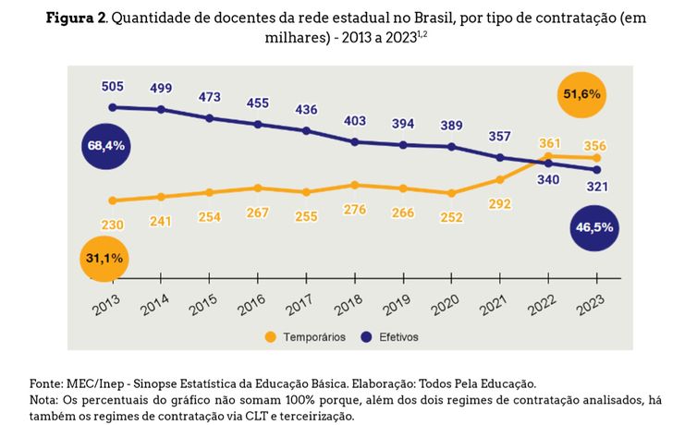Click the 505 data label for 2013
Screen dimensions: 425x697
[x=112, y=87]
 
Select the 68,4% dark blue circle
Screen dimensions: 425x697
[x=107, y=146]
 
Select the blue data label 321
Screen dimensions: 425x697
[x=596, y=188]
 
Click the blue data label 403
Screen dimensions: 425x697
[x=355, y=121]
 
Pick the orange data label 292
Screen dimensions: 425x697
[x=500, y=204]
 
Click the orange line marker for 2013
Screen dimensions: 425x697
[x=112, y=200]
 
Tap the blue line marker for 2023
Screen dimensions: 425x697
[x=597, y=170]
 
